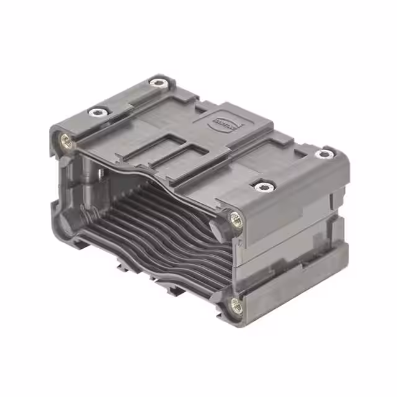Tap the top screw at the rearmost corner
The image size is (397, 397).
[159, 82]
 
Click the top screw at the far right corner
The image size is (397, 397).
[323, 154]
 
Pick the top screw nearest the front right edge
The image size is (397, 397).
[264, 185]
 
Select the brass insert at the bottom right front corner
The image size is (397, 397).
[236, 304]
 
